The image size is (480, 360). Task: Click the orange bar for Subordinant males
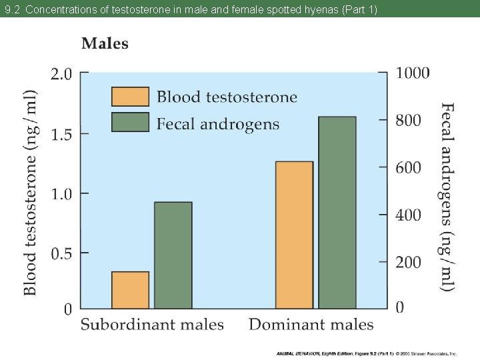(x=130, y=290)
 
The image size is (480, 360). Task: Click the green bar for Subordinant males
(x=173, y=255)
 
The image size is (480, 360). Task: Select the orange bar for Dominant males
(x=294, y=235)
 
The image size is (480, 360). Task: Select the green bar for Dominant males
(x=337, y=212)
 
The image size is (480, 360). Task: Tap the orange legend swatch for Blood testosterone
(x=130, y=97)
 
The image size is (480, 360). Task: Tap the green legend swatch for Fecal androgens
(x=130, y=123)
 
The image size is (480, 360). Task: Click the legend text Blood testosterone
(x=227, y=97)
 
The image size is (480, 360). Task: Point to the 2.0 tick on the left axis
(x=61, y=73)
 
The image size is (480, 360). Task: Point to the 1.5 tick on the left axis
(x=61, y=134)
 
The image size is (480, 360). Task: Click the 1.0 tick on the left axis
(x=61, y=194)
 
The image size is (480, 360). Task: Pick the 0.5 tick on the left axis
(x=61, y=253)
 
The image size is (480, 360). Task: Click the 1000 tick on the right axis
(x=413, y=73)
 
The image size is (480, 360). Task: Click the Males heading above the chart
(x=105, y=43)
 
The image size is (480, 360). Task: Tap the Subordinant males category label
(x=152, y=325)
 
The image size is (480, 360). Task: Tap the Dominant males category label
(x=311, y=325)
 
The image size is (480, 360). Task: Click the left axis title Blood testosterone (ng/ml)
(x=31, y=192)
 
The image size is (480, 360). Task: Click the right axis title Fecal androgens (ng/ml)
(x=448, y=196)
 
